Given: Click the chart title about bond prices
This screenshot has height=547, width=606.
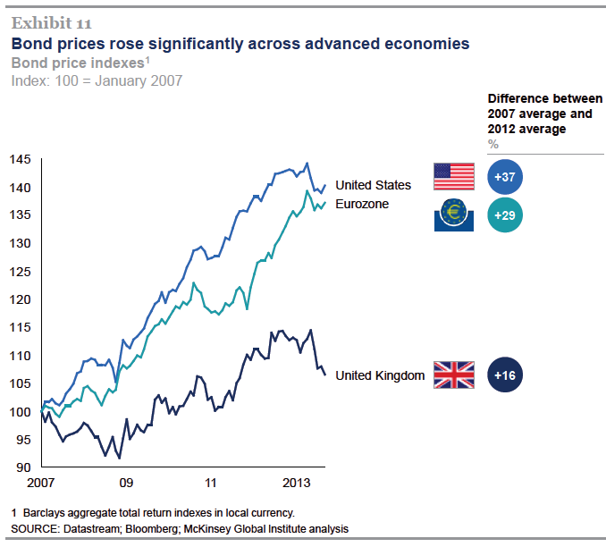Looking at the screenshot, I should click(240, 43).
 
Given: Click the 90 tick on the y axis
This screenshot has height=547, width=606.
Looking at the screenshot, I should click(23, 467).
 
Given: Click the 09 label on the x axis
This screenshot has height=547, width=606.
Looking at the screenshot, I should click(126, 483).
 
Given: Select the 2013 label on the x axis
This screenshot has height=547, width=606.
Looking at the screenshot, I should click(296, 483).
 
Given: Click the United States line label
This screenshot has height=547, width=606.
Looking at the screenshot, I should click(373, 185).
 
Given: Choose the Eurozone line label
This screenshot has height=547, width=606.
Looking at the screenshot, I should click(362, 205).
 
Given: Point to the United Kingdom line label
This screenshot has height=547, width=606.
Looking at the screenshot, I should click(379, 375).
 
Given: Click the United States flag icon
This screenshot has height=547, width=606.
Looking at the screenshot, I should click(453, 177).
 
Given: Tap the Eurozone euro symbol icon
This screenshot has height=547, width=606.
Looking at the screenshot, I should click(453, 215).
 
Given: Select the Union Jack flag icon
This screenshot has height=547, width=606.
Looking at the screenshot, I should click(453, 375).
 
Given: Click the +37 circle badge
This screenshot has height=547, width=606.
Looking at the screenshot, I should click(505, 177).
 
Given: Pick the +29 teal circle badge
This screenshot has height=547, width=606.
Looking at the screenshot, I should click(505, 215).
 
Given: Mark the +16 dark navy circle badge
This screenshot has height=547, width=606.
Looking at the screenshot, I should click(505, 375).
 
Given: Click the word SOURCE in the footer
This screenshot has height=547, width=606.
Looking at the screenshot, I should click(37, 529).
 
